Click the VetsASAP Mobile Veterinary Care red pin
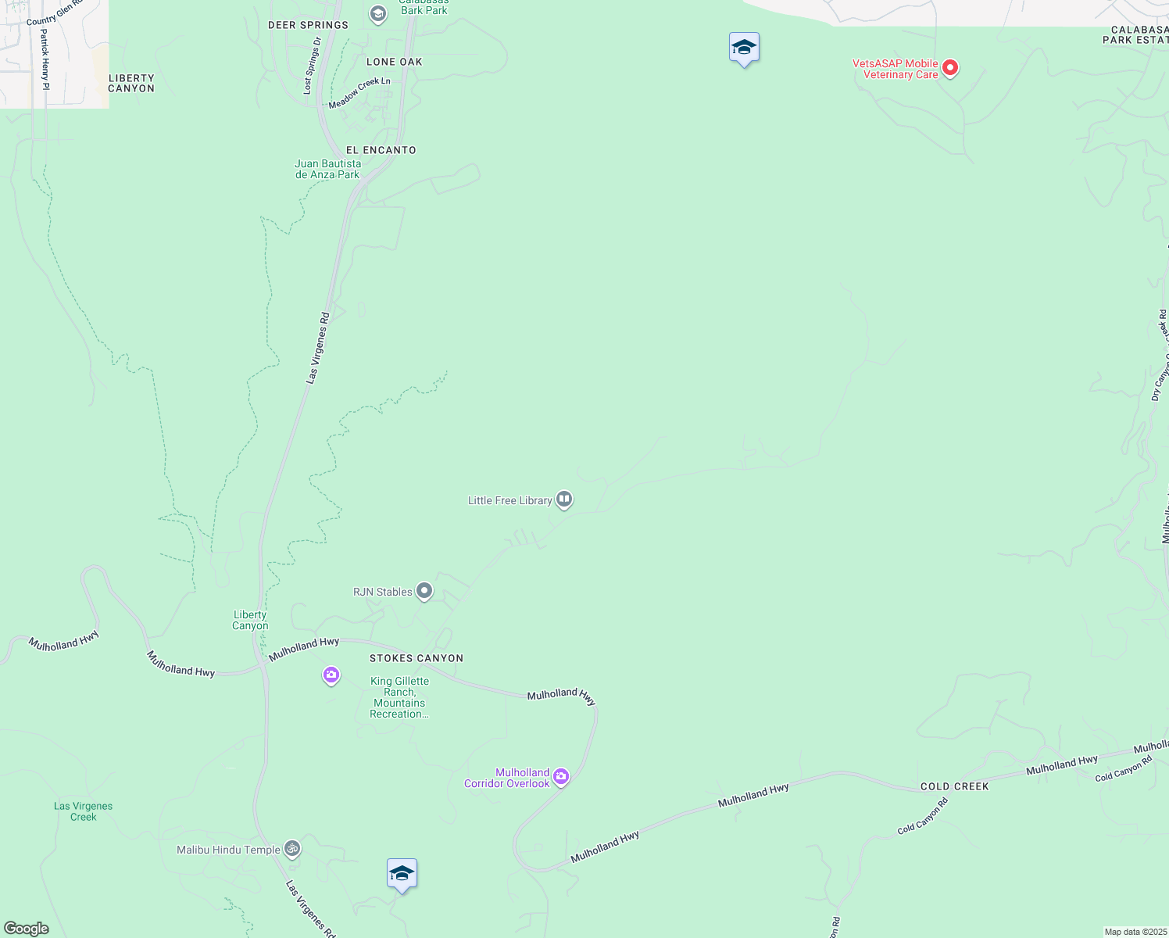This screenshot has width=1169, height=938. tap(950, 68)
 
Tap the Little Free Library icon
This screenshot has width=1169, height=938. tap(564, 499)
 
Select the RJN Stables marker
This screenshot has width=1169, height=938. tap(424, 591)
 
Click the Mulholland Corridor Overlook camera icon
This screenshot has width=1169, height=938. tap(561, 777)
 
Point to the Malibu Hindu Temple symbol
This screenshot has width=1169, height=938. tap(291, 848)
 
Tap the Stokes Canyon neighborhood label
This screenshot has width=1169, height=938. tap(416, 658)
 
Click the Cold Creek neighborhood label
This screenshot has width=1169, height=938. tap(954, 786)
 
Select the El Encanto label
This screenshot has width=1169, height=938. tap(381, 150)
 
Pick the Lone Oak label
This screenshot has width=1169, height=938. tap(394, 62)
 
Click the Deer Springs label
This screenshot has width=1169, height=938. tap(308, 25)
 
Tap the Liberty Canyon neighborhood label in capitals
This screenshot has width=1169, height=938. tap(131, 83)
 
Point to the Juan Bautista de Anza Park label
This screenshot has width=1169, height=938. tap(328, 169)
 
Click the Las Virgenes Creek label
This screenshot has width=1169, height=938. tap(83, 811)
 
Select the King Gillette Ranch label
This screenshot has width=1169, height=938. tap(399, 697)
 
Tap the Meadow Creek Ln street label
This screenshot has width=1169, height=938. tap(359, 93)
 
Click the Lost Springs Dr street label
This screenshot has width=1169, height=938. tap(312, 66)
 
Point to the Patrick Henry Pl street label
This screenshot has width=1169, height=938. tap(45, 59)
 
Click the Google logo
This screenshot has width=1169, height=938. tap(26, 929)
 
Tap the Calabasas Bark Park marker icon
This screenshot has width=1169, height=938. tap(378, 14)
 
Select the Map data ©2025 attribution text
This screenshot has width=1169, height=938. tap(1135, 932)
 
